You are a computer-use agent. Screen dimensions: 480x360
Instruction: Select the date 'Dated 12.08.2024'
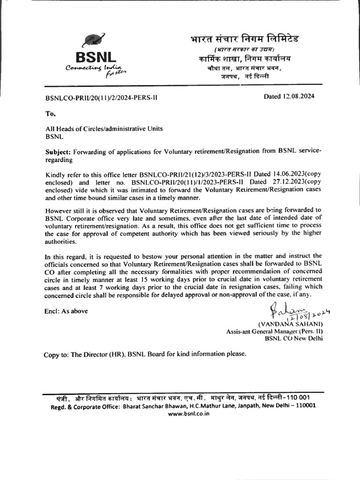pyautogui.click(x=289, y=97)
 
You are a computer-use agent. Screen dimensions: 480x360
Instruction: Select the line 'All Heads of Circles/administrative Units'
pyautogui.click(x=104, y=129)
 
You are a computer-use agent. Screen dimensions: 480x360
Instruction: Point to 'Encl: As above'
pyautogui.click(x=66, y=310)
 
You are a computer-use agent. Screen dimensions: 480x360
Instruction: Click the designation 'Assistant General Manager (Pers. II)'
pyautogui.click(x=275, y=331)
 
